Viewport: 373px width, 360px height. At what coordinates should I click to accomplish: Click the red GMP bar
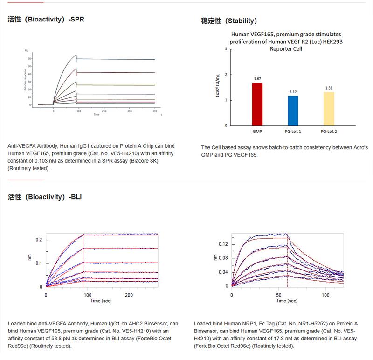[257, 104]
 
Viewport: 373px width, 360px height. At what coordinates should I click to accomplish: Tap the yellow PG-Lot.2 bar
[329, 109]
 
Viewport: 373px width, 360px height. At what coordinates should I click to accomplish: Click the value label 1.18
[293, 91]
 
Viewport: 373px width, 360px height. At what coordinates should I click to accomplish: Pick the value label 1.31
[329, 88]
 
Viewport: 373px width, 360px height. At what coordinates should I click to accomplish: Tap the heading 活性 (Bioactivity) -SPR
[46, 20]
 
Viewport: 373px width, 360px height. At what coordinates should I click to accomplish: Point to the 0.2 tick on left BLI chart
[40, 240]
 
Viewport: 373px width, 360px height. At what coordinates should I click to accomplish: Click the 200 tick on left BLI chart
[129, 295]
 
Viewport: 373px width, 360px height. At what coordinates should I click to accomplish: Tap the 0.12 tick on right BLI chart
[223, 244]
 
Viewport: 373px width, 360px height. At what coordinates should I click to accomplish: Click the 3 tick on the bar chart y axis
[226, 49]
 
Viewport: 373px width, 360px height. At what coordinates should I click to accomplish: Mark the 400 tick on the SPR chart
[154, 112]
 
